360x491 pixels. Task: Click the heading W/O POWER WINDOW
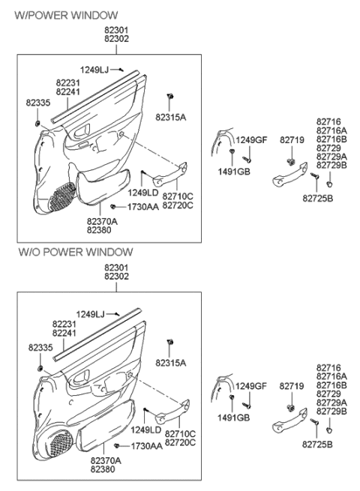(x=75, y=252)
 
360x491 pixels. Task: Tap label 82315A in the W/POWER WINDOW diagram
(x=170, y=117)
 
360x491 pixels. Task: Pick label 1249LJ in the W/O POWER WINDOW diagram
(x=92, y=314)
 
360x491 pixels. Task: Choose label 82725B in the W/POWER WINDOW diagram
(x=319, y=198)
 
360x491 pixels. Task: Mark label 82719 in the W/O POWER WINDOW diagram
(x=291, y=385)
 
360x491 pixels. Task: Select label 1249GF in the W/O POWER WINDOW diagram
(x=252, y=385)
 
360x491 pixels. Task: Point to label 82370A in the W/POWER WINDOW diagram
(x=102, y=221)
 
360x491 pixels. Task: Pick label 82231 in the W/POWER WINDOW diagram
(x=68, y=82)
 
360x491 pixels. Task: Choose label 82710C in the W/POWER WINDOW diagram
(x=178, y=196)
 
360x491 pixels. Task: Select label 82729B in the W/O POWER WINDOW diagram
(x=332, y=412)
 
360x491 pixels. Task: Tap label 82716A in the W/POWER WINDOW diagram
(x=331, y=130)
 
